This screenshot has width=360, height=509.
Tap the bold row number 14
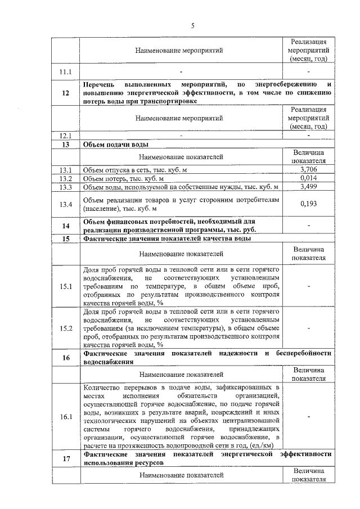click(66, 226)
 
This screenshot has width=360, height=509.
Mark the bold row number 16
click(66, 358)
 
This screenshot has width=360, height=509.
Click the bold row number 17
click(66, 458)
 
